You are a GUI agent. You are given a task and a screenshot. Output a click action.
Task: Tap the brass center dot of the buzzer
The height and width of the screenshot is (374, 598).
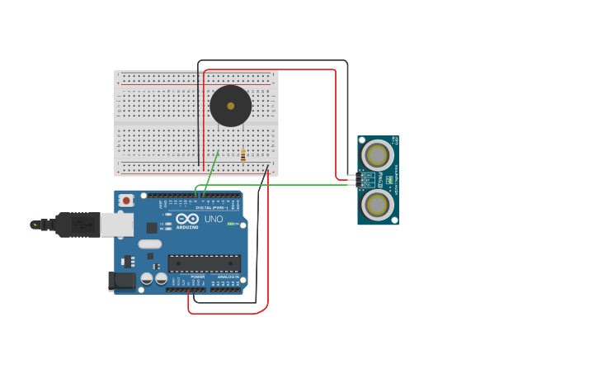coord(230,106)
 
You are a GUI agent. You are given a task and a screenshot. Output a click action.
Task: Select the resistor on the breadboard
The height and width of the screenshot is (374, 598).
coord(242,154)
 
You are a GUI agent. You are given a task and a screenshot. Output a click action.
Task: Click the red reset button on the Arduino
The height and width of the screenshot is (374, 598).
coord(126,200)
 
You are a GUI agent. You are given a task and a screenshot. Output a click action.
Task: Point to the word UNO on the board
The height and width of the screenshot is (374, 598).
coord(214,219)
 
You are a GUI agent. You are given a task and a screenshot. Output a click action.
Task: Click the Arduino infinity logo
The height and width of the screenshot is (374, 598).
coord(186,219)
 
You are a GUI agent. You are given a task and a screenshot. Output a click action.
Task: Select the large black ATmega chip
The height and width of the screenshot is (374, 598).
coord(204,263)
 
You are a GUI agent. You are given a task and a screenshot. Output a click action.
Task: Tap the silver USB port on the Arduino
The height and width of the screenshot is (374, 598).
coord(116,224)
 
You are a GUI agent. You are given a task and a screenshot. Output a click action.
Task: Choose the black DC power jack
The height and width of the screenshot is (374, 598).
coord(123,281)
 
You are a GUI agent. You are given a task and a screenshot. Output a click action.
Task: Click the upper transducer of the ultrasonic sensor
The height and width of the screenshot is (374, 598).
coord(377,155)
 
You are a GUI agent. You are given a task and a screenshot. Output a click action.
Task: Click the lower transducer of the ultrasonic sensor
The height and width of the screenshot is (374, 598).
coord(377,205)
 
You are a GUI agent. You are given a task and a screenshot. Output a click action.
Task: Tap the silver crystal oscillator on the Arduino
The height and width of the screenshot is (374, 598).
coord(149,244)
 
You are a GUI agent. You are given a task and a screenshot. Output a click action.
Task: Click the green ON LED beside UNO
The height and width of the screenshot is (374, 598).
coord(233,224)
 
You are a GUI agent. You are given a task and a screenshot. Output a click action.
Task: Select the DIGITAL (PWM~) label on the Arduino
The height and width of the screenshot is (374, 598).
coord(211,207)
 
